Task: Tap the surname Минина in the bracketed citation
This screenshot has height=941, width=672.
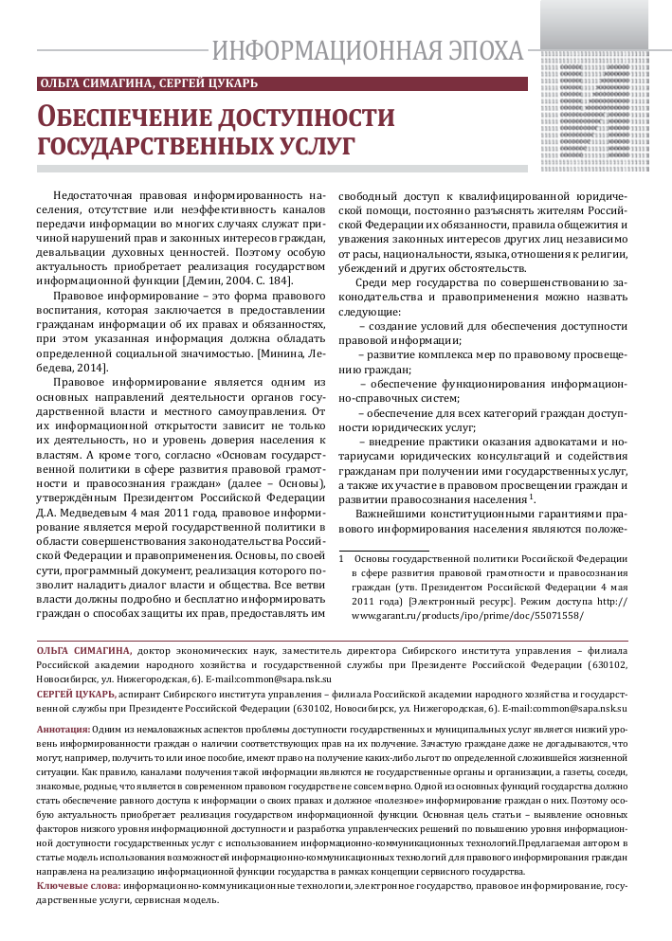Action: point(278,353)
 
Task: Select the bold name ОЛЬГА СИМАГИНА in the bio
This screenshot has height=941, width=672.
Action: point(83,651)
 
